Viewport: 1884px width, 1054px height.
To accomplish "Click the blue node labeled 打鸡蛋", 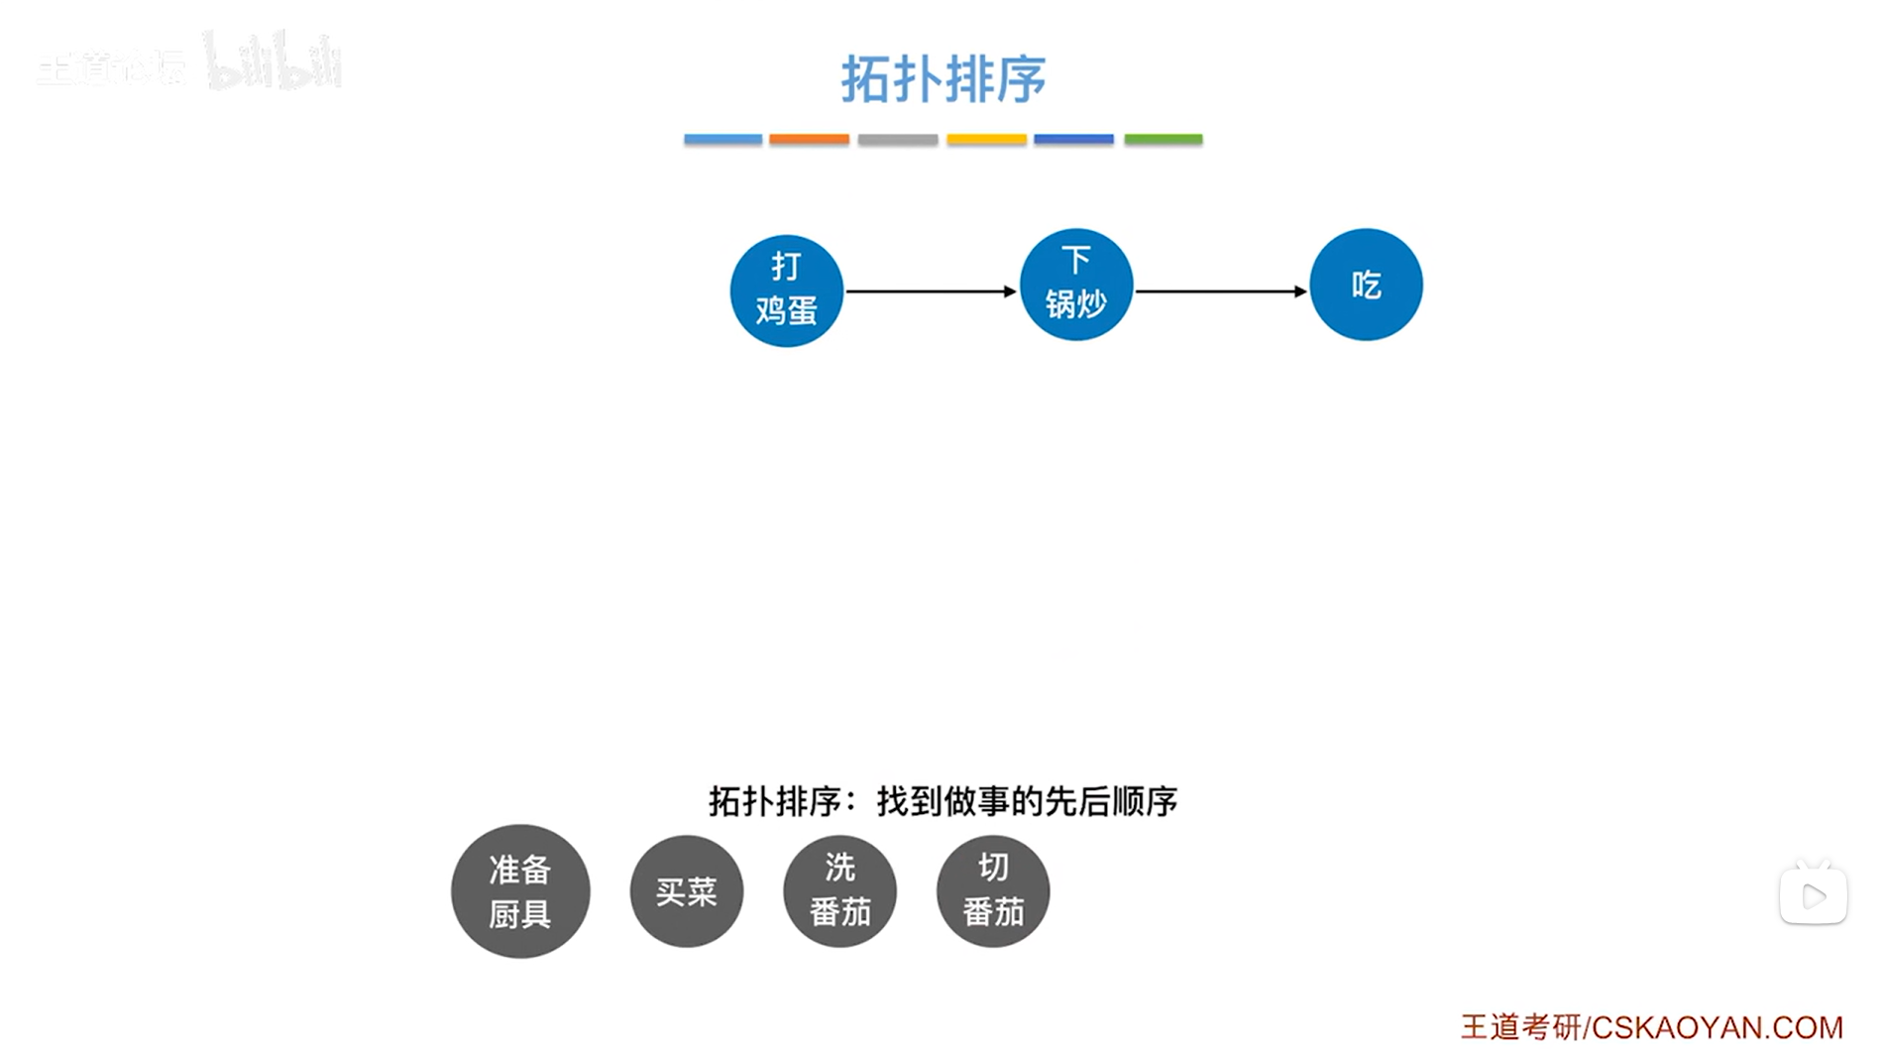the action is pos(786,291).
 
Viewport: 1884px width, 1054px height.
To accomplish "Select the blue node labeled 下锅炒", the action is pos(1075,285).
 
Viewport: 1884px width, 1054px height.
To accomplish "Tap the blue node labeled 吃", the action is pos(1366,285).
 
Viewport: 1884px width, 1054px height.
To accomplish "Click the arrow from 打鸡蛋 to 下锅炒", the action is pos(931,292).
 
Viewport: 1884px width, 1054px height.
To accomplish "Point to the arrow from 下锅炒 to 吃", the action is pos(1221,292).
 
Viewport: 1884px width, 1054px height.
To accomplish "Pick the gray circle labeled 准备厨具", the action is pos(520,891).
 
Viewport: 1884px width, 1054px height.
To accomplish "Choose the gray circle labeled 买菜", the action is pos(686,891).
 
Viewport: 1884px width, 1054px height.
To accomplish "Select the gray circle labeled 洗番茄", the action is pos(839,891).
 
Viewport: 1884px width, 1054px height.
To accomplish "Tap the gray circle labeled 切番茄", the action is pos(993,891).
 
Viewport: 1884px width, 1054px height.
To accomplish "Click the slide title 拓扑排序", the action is pos(942,79).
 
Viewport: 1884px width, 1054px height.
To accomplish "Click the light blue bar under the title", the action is pos(722,140).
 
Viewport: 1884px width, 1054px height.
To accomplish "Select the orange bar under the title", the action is pos(809,140).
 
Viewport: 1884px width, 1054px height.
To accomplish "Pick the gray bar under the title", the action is pos(898,140).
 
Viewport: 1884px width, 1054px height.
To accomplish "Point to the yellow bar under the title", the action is pos(986,140).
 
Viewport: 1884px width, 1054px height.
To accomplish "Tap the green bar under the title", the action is pos(1163,140).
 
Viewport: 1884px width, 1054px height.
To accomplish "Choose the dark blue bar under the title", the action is pos(1073,140).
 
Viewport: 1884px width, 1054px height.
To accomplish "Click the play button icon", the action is pos(1813,896).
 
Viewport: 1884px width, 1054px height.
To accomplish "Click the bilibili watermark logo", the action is pos(273,62).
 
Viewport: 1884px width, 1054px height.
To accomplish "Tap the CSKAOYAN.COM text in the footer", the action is pos(1717,1027).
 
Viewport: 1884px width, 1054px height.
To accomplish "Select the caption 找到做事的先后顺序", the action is pos(1027,801).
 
